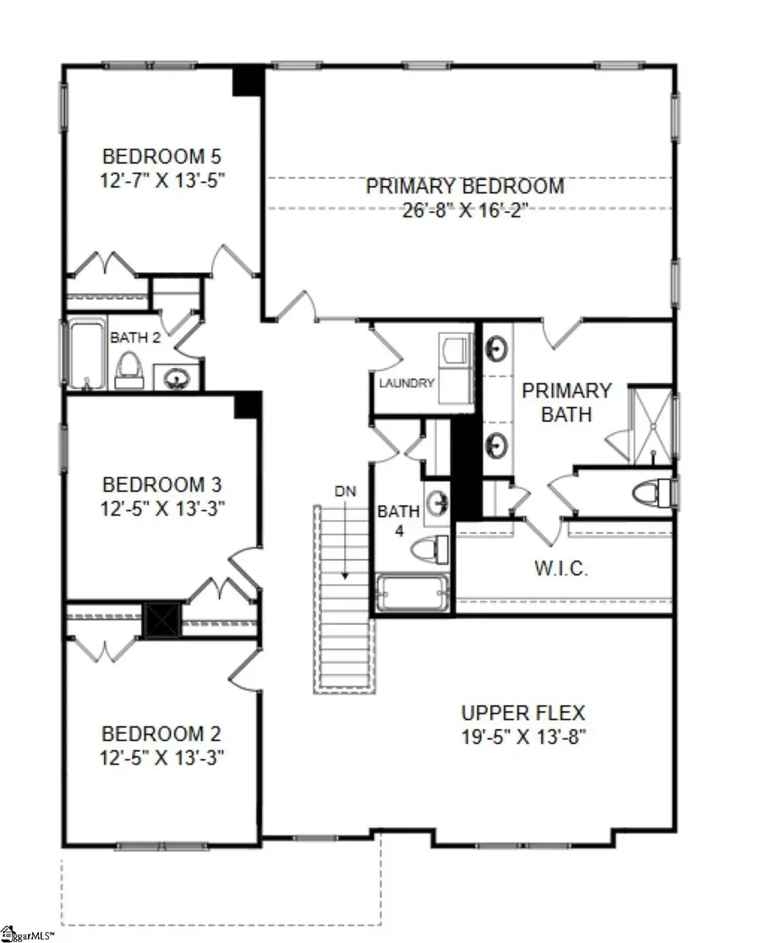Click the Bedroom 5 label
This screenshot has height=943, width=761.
[162, 156]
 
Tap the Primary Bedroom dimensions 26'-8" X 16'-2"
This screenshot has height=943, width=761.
[464, 210]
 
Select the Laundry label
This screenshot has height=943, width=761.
[407, 383]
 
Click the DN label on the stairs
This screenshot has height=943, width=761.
[343, 490]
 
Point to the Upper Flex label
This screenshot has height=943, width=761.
[523, 713]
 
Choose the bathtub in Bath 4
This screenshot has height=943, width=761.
[412, 594]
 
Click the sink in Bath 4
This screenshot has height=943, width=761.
[437, 502]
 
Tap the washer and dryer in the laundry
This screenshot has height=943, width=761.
[456, 363]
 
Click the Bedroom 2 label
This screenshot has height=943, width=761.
[162, 732]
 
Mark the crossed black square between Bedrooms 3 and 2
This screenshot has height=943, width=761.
[162, 619]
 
